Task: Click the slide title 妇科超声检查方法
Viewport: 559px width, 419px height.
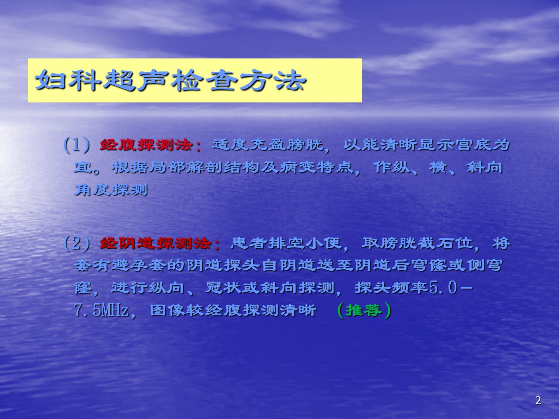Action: click(171, 80)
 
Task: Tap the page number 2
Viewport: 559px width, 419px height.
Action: click(538, 400)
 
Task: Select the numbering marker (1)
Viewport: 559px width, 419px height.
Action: click(76, 145)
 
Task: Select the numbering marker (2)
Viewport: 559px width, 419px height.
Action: click(76, 244)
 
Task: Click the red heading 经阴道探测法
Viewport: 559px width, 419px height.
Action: click(155, 244)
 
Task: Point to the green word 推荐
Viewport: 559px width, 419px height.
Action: click(364, 310)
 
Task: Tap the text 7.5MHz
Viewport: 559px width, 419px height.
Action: click(101, 311)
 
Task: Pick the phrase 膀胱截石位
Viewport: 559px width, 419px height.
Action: click(417, 244)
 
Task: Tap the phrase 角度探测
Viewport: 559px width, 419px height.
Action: click(111, 190)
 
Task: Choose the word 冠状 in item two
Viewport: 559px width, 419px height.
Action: click(223, 288)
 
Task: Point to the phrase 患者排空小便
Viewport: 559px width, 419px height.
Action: click(286, 244)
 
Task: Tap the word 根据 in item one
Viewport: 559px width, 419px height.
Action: click(130, 167)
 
